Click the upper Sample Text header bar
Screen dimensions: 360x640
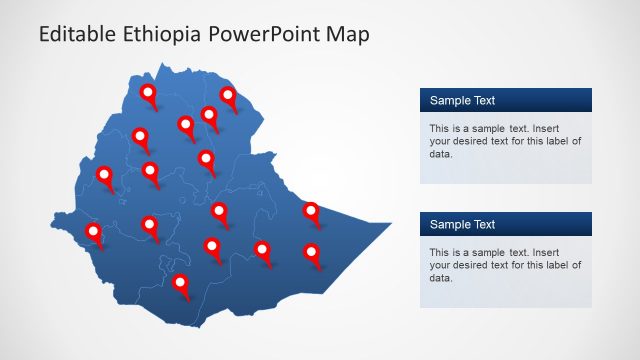505,100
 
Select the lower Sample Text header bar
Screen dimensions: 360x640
505,224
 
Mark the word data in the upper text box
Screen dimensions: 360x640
440,154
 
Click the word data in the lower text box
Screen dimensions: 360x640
440,278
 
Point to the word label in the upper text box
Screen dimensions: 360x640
557,141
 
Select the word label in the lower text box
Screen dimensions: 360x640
557,265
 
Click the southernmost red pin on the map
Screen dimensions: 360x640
181,284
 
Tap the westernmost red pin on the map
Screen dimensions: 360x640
94,233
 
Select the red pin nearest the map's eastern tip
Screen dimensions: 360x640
311,211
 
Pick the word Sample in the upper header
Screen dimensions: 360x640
450,100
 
